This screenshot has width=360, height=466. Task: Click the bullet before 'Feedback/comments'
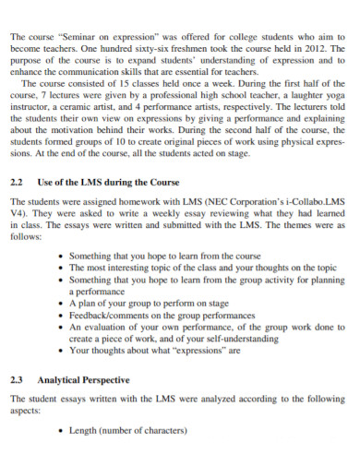[x=62, y=315]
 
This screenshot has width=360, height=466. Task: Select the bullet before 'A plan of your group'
[x=62, y=303]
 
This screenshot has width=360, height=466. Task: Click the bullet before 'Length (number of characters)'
[x=62, y=431]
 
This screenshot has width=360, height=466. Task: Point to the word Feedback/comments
[x=107, y=315]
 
